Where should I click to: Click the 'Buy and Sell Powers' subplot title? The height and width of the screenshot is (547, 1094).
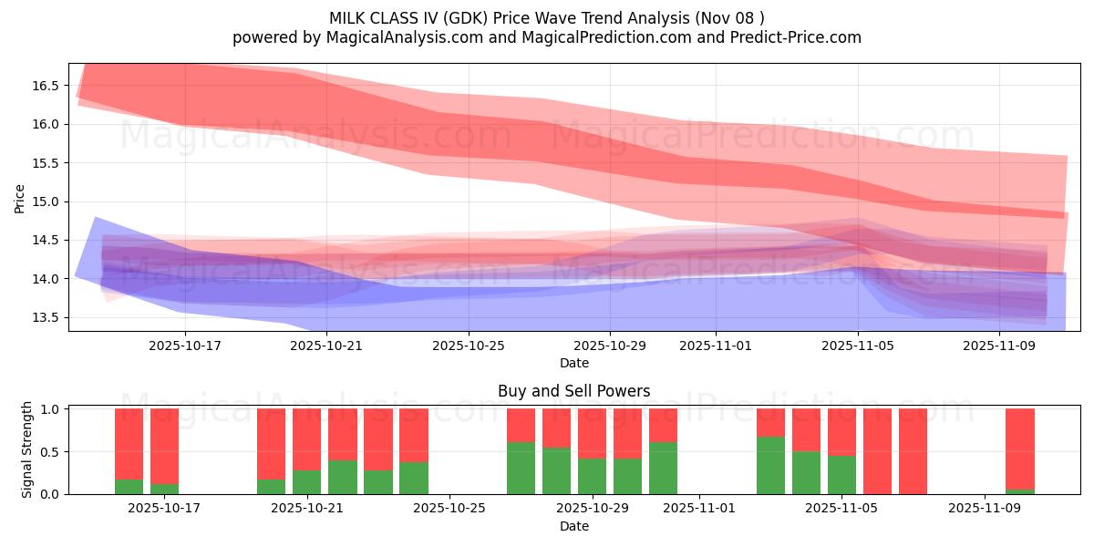[x=573, y=391]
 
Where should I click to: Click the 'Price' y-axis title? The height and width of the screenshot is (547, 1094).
[x=20, y=198]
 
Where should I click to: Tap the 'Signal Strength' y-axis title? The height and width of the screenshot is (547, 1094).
[x=27, y=449]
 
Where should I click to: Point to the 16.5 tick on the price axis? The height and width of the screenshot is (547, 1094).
[x=46, y=86]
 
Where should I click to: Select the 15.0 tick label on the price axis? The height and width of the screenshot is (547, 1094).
[x=46, y=201]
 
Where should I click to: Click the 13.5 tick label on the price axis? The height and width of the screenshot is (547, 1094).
[x=46, y=317]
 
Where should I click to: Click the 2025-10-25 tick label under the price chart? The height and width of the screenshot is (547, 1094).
[x=468, y=346]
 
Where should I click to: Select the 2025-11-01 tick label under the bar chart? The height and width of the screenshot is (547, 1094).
[x=698, y=509]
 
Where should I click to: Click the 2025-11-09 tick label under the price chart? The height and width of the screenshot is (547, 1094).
[x=999, y=346]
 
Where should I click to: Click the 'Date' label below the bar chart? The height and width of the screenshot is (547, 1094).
[x=573, y=526]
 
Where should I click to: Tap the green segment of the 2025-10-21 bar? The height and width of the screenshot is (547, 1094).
[x=306, y=482]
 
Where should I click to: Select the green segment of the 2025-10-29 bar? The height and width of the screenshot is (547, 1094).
[x=592, y=476]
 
